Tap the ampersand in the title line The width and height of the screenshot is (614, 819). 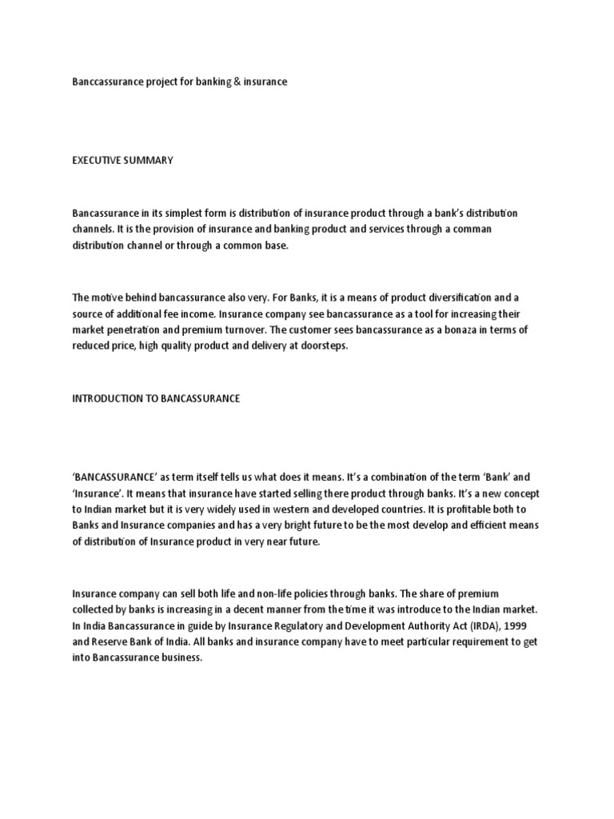coord(239,82)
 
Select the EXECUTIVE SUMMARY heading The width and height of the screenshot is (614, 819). coord(122,161)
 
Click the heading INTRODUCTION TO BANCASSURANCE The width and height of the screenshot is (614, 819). coord(156,398)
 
